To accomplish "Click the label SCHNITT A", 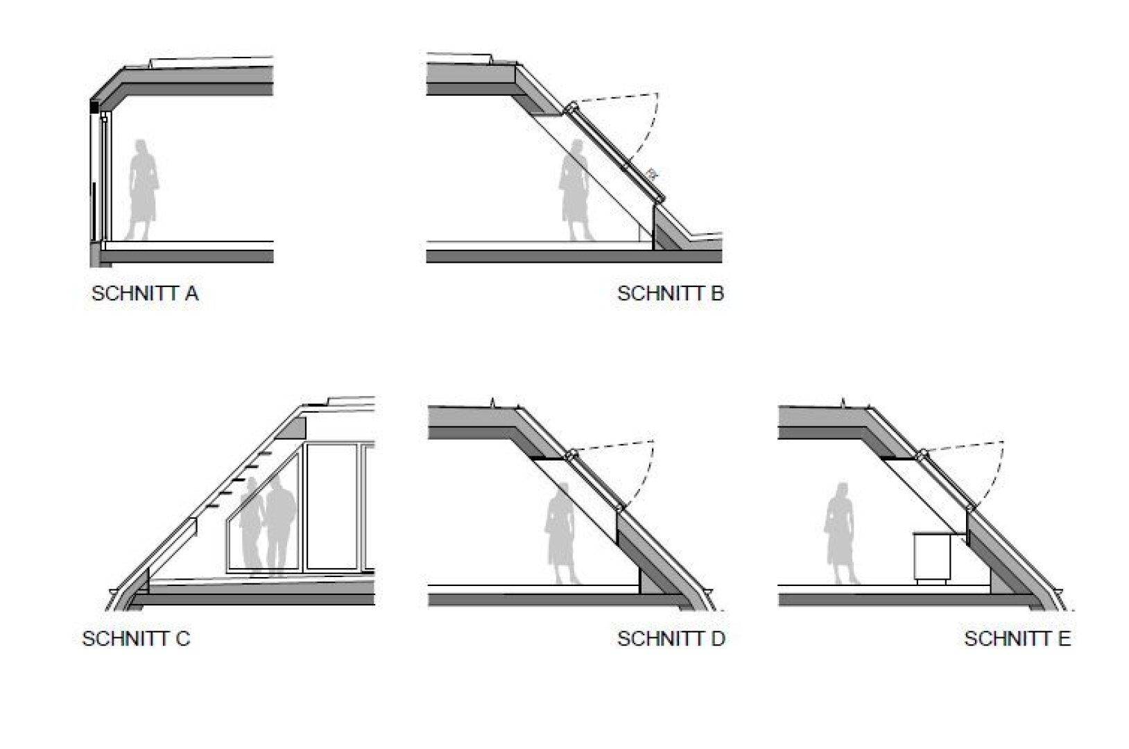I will [145, 293].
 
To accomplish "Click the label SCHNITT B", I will [670, 293].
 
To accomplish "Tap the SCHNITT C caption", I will [136, 638].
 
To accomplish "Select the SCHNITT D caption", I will [671, 638].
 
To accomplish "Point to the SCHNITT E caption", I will [1017, 638].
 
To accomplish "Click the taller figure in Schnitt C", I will [282, 527].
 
